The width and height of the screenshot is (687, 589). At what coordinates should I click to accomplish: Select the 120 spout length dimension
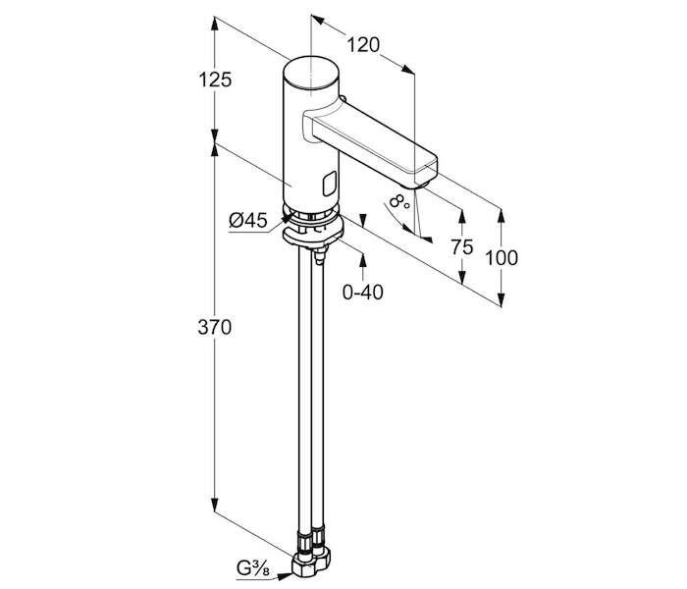362,44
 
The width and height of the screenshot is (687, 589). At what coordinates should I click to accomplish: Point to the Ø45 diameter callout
248,221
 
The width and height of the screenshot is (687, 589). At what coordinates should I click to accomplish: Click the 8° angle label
396,203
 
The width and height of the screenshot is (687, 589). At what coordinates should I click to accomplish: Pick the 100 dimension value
502,258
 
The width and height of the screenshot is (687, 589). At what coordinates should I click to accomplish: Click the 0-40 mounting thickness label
362,292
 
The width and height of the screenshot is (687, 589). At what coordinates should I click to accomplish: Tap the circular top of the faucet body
310,73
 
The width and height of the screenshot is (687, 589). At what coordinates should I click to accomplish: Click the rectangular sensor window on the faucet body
329,183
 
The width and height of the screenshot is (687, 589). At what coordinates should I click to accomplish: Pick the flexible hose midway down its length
305,393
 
